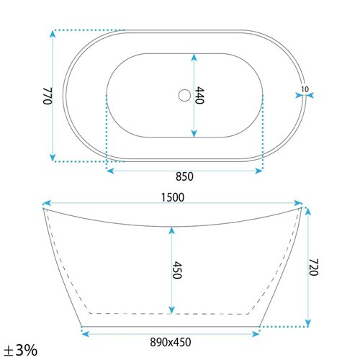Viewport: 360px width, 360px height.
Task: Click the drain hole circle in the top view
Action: (184, 94)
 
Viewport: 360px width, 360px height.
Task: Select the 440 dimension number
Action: (201, 95)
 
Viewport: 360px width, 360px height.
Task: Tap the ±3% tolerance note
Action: (19, 350)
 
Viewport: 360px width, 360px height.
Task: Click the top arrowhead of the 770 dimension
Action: (53, 34)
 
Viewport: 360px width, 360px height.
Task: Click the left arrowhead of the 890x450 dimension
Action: (83, 333)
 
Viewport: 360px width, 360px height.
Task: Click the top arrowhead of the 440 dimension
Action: (193, 55)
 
